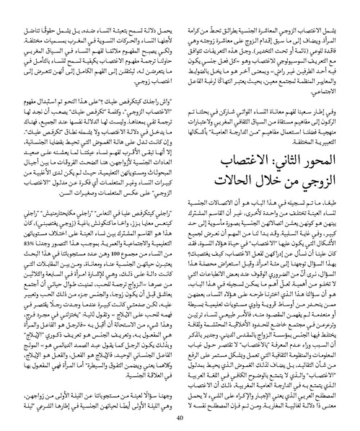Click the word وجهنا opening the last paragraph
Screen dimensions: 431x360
click(x=159, y=388)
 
